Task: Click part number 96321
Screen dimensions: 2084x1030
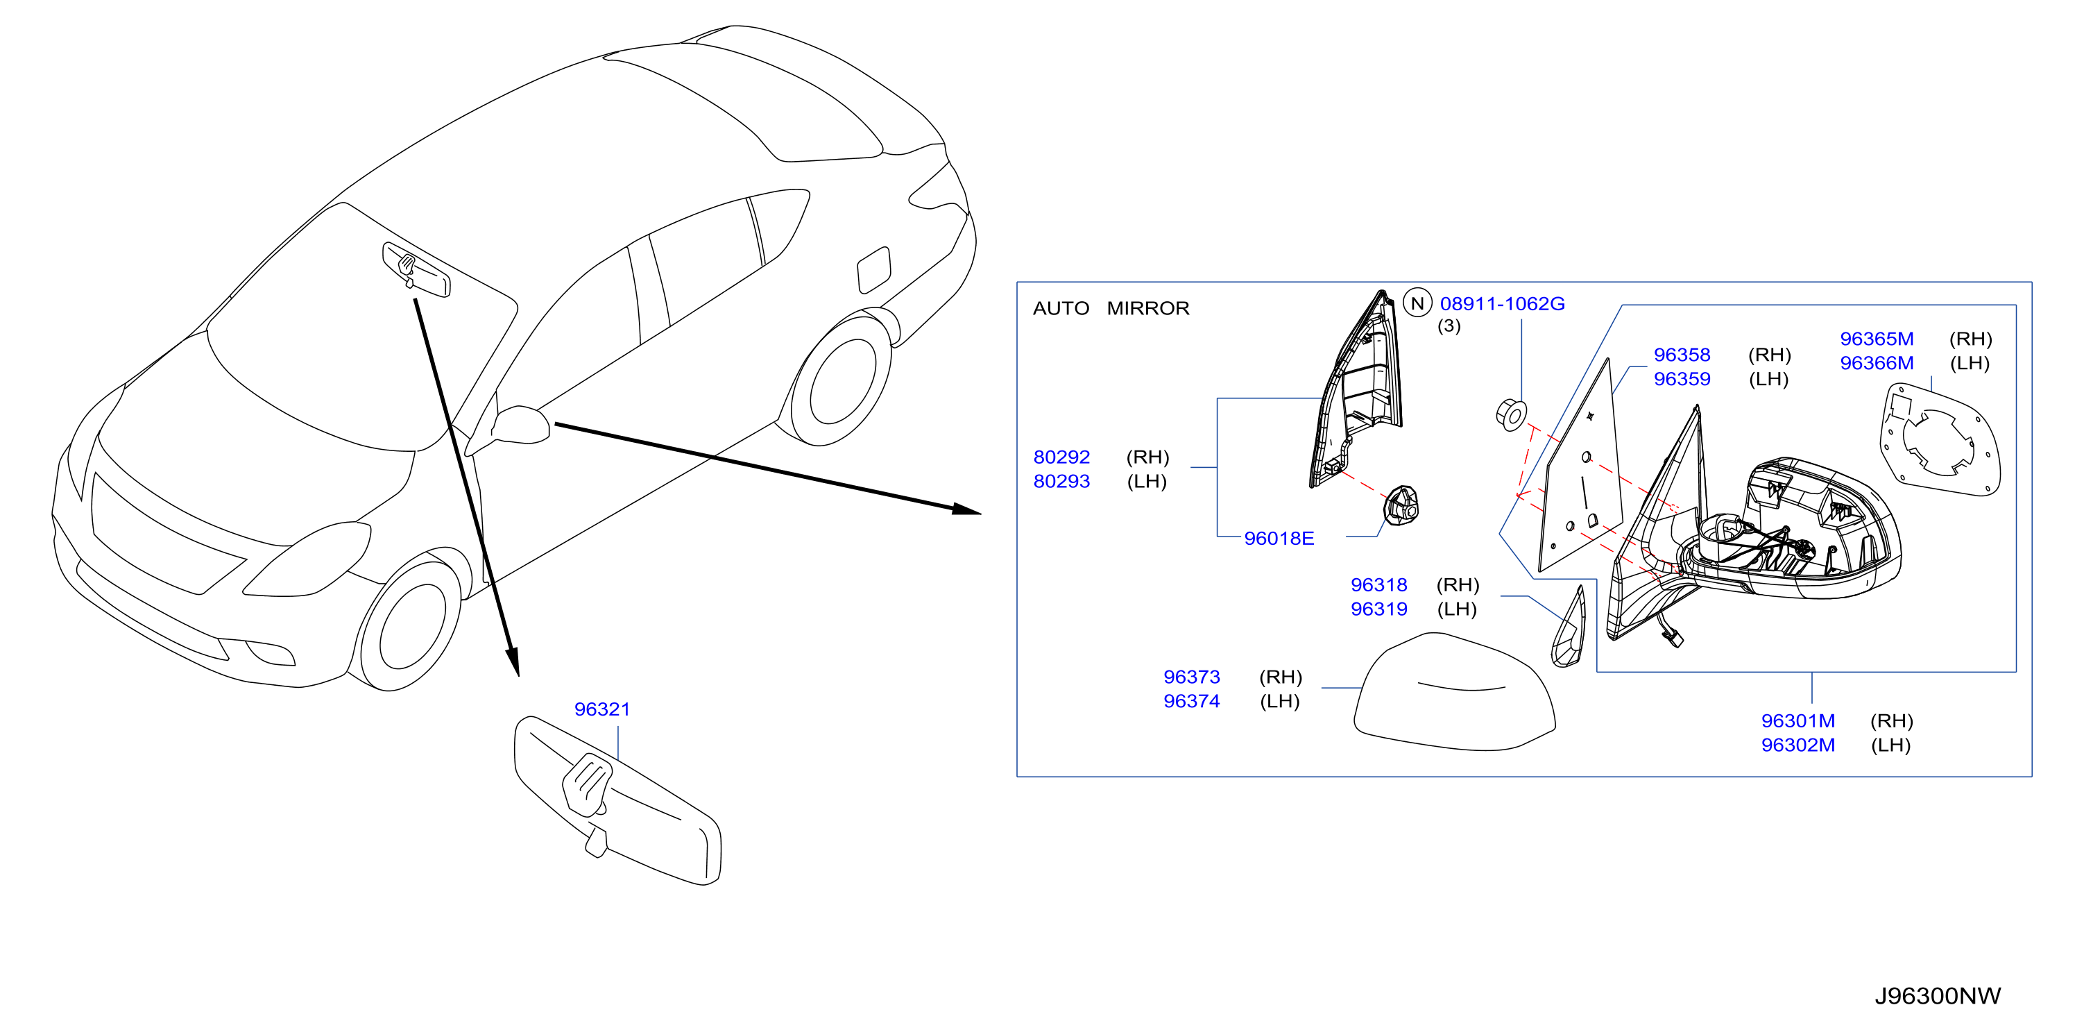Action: (602, 709)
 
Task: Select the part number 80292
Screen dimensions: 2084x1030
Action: (1061, 457)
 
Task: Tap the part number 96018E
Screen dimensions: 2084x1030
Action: (1279, 538)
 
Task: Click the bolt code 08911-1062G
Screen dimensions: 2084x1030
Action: (1503, 303)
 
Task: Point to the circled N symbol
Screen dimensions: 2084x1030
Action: (1417, 303)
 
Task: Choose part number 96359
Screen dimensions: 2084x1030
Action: (1682, 379)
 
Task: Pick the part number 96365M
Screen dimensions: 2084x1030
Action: (1877, 339)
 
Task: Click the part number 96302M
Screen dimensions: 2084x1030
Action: (1798, 745)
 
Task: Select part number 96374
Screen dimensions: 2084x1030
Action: (1192, 702)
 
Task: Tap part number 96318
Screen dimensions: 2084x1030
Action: (1378, 585)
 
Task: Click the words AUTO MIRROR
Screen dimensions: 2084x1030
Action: (1111, 308)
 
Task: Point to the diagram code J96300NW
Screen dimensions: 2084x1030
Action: (1938, 996)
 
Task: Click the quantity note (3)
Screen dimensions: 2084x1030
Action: (1449, 326)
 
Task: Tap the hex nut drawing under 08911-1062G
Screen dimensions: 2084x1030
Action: (1510, 414)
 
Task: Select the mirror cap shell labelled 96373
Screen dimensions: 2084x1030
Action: (1455, 692)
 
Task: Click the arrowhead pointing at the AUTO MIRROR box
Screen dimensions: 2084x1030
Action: (967, 509)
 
